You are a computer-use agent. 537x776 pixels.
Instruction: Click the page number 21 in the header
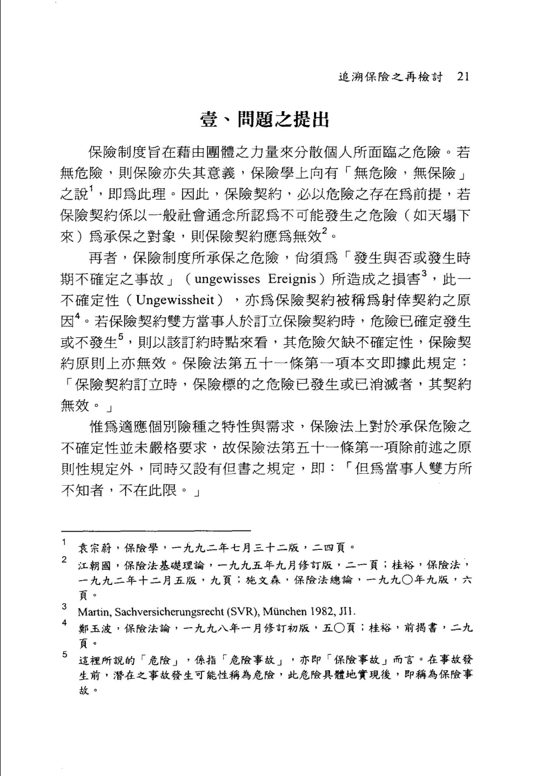[x=464, y=77]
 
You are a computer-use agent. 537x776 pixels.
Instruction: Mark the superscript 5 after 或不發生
[x=122, y=337]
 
